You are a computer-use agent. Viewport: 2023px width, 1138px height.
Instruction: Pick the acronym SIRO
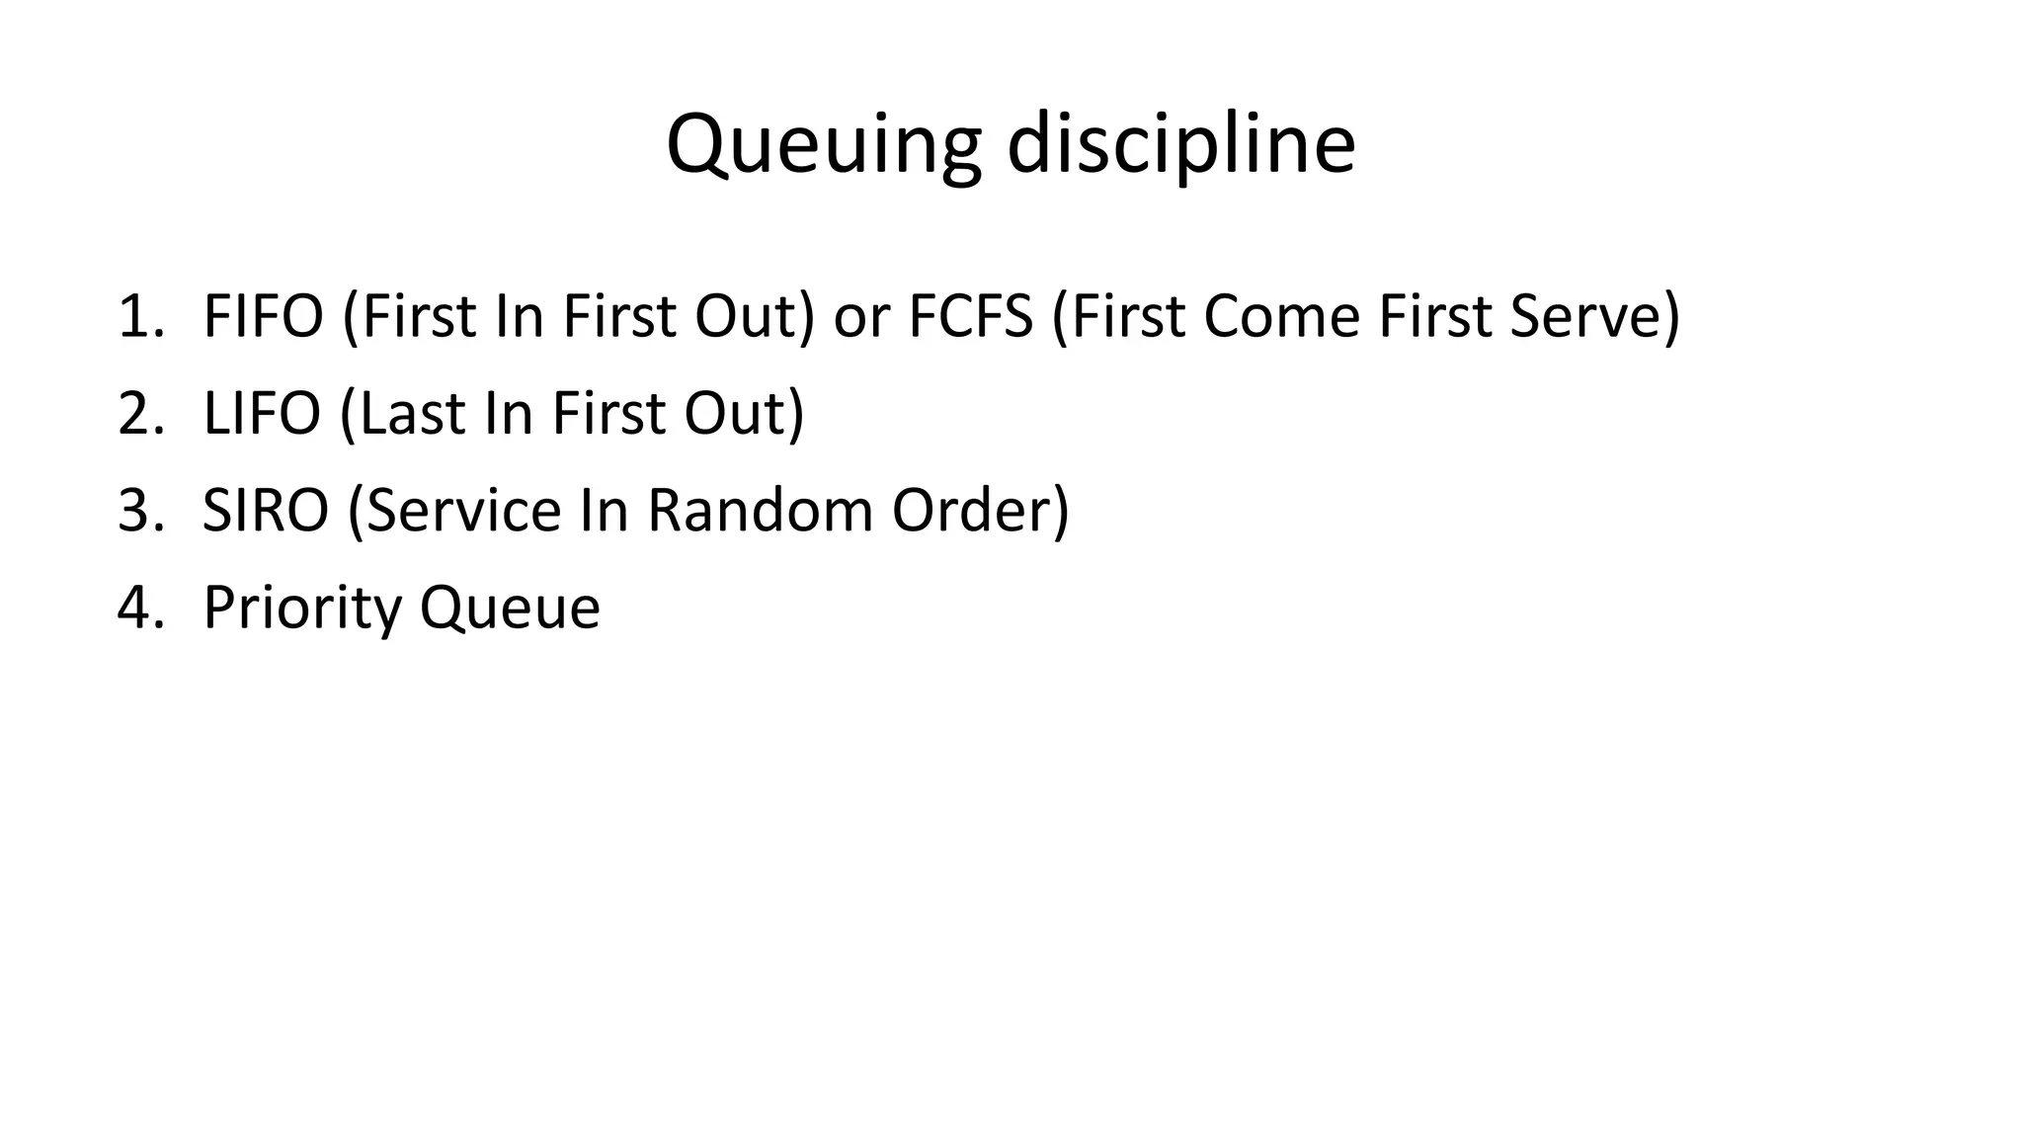pyautogui.click(x=265, y=510)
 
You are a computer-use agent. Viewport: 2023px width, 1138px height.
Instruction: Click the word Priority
pyautogui.click(x=302, y=607)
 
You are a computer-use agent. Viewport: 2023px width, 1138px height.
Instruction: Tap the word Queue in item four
pyautogui.click(x=510, y=607)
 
